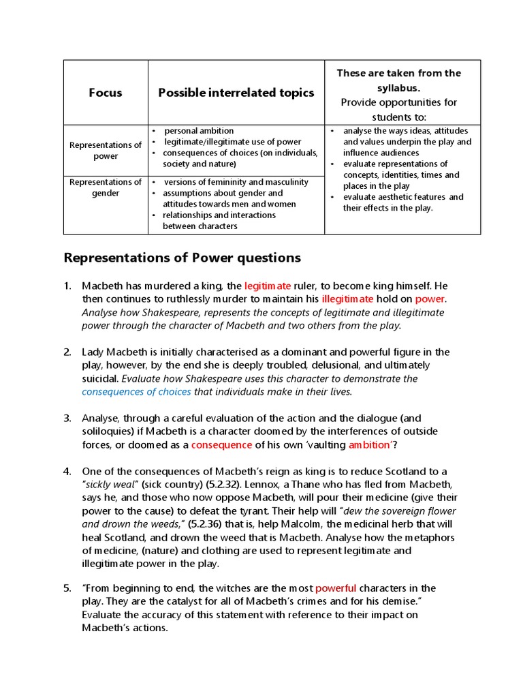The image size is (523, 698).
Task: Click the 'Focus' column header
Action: tap(106, 93)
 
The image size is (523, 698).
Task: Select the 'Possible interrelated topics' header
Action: tap(236, 93)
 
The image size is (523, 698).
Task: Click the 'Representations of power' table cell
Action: tap(106, 150)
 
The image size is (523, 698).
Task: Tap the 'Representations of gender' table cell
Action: tap(106, 187)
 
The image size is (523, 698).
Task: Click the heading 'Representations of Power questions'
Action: tap(182, 258)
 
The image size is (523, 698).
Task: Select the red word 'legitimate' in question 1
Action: tap(268, 286)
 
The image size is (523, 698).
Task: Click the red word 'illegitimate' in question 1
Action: tap(347, 299)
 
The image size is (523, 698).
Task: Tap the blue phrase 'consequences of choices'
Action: tap(136, 391)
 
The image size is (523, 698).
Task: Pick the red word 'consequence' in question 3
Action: tap(221, 444)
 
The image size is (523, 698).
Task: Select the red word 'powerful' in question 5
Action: tap(336, 588)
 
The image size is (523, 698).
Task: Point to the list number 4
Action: tap(67, 472)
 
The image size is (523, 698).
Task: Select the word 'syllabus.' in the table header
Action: tap(398, 88)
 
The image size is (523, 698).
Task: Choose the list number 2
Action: tap(67, 352)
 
